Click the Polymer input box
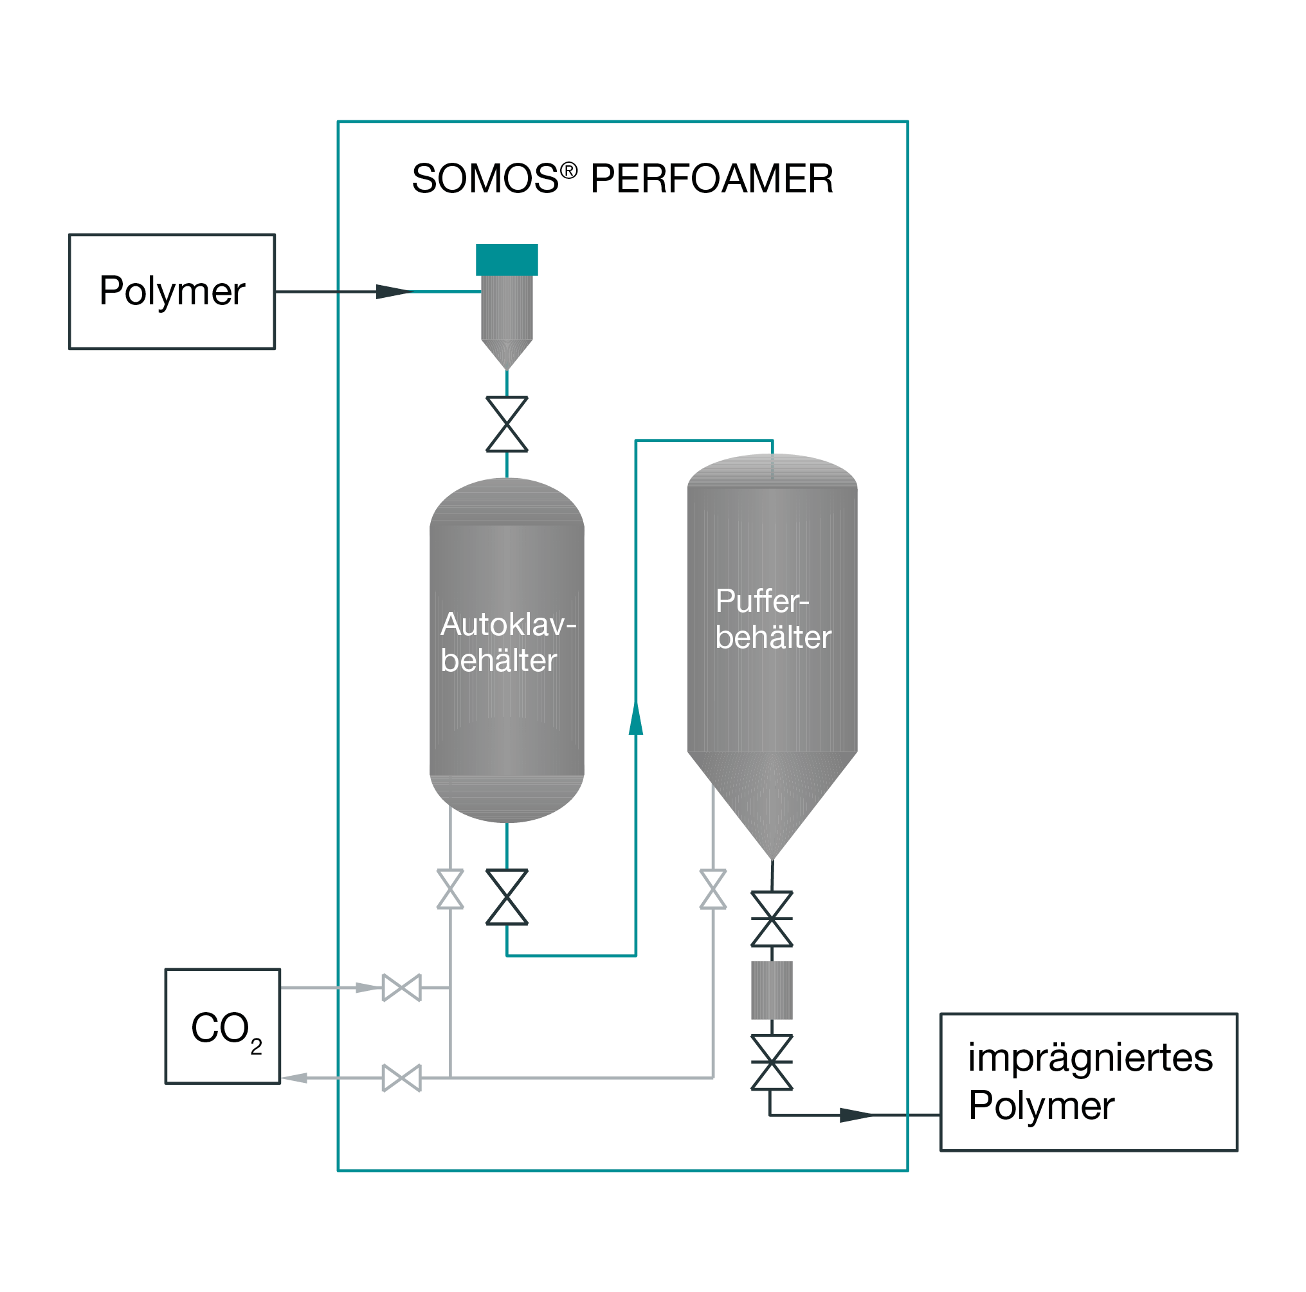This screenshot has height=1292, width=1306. [172, 291]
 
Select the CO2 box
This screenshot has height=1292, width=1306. [222, 1026]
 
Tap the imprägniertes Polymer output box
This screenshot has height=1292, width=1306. [1088, 1081]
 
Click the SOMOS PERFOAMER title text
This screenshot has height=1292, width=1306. [622, 179]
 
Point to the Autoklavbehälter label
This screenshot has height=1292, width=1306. [507, 642]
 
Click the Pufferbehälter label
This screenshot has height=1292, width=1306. [772, 619]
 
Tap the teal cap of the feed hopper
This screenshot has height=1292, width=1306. [506, 260]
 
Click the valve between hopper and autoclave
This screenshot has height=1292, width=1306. [506, 424]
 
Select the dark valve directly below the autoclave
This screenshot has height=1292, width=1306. [506, 897]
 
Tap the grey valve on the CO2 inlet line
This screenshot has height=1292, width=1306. [401, 988]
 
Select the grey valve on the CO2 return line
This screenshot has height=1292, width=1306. [401, 1078]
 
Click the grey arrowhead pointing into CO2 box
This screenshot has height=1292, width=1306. [295, 1078]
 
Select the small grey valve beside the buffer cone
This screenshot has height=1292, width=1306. [712, 889]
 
